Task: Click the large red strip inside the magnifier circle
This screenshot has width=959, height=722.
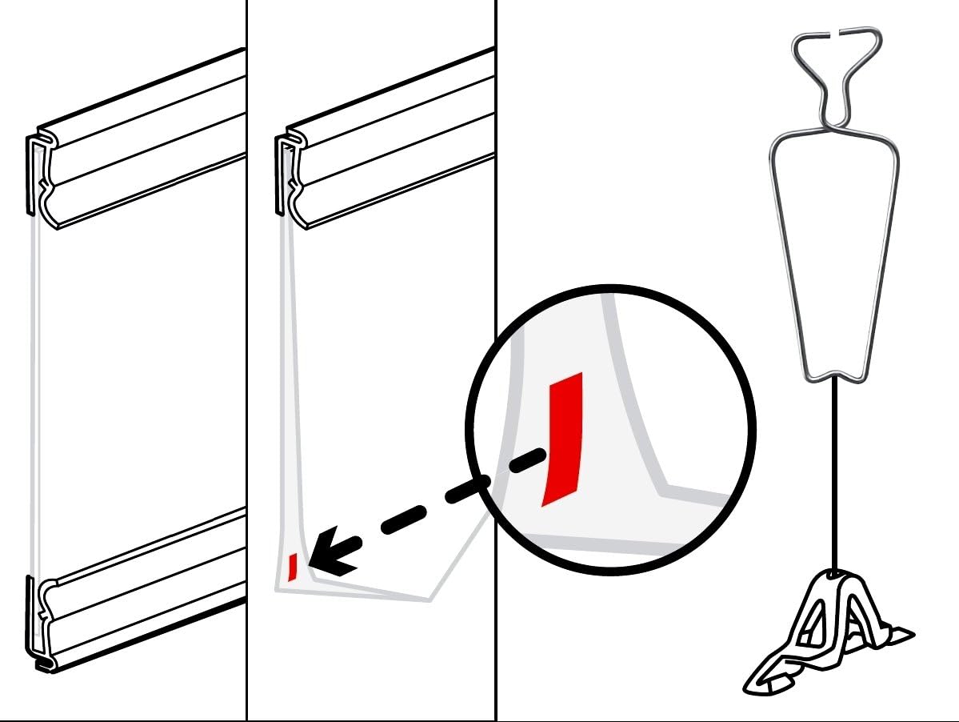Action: pos(562,438)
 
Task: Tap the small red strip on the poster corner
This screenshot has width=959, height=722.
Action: pos(293,567)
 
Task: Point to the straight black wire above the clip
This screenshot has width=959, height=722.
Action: pos(833,472)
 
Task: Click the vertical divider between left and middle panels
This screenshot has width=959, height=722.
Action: pos(246,360)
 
